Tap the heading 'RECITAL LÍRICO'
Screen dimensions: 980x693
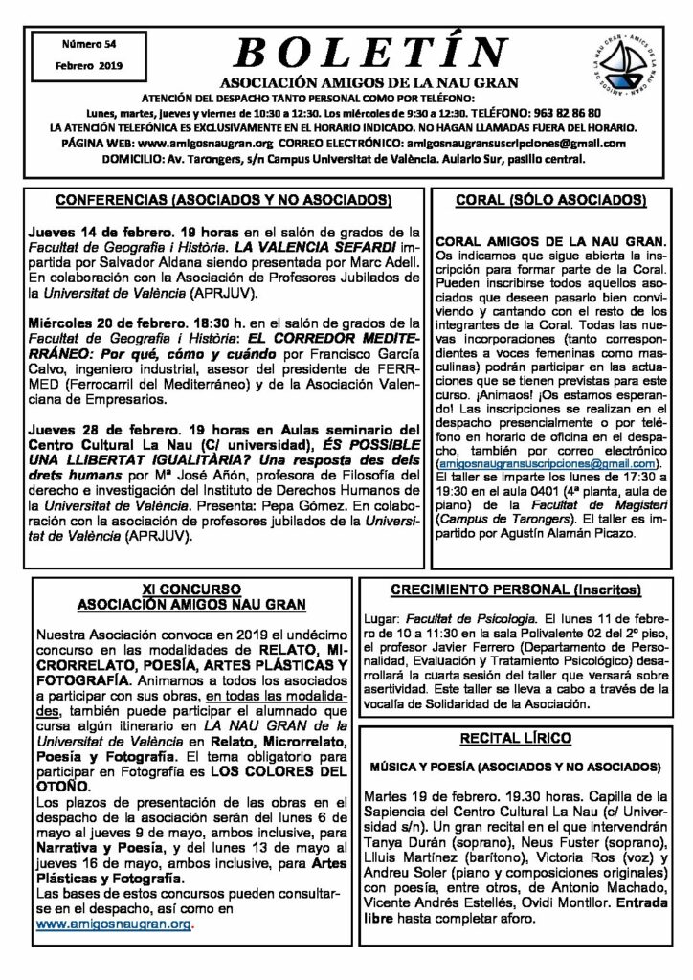(x=529, y=738)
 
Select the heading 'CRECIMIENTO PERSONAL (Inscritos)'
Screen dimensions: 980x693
(x=528, y=591)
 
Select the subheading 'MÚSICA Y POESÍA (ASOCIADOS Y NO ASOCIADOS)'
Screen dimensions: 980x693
(x=529, y=768)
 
